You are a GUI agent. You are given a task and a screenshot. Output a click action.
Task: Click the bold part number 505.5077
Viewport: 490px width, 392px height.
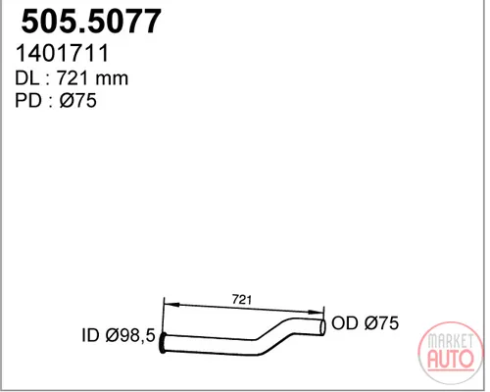91,22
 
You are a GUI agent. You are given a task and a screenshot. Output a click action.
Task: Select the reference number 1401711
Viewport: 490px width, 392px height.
62,53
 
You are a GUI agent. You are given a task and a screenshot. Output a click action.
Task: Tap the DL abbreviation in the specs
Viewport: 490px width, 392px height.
26,78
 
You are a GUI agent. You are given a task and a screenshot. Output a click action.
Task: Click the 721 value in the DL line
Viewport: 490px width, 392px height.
73,78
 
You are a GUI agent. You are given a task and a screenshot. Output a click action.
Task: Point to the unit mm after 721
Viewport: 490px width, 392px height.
112,80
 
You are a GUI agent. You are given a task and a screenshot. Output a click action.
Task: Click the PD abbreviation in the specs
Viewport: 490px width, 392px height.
27,100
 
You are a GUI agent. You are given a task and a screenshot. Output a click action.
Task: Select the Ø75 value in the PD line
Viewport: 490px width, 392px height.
78,100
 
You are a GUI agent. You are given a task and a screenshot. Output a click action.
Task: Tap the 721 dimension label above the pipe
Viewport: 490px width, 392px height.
242,299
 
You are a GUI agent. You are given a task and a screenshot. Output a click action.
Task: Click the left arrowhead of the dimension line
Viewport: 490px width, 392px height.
171,305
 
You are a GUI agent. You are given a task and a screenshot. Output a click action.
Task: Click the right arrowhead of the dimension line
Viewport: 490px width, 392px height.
316,312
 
